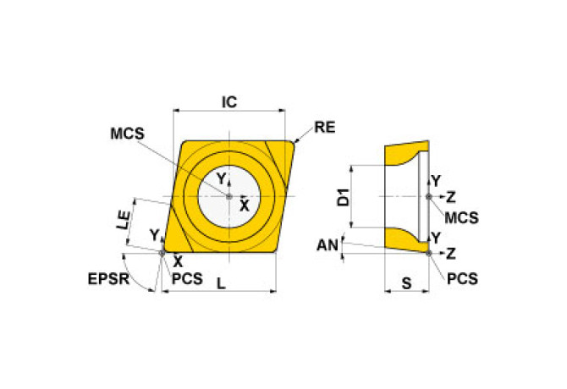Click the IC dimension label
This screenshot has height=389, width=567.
(228, 101)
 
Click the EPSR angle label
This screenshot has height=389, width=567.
(107, 278)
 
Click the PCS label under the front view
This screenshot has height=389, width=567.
(186, 278)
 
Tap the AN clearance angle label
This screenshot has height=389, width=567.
(327, 245)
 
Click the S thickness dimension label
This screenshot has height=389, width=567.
(406, 284)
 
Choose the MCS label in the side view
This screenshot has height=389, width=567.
(462, 217)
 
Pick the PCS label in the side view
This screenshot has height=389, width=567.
(462, 277)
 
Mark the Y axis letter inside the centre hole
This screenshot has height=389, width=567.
(221, 179)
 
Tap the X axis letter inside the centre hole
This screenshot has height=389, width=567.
(244, 205)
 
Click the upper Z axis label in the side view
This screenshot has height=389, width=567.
(451, 198)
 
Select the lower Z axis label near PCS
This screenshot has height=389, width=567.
(451, 253)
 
